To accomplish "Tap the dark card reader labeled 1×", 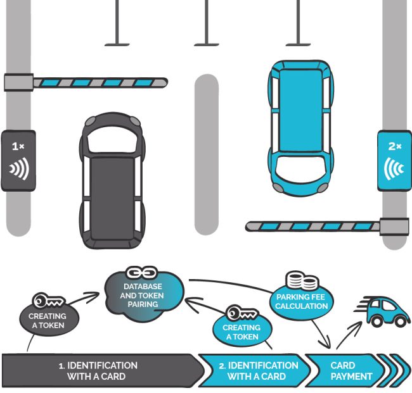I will click(18, 159).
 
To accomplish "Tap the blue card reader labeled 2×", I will click(394, 159).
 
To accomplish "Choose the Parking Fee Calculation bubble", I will click(302, 301).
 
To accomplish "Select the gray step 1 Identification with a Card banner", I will click(101, 371).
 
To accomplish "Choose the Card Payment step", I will click(345, 371).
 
